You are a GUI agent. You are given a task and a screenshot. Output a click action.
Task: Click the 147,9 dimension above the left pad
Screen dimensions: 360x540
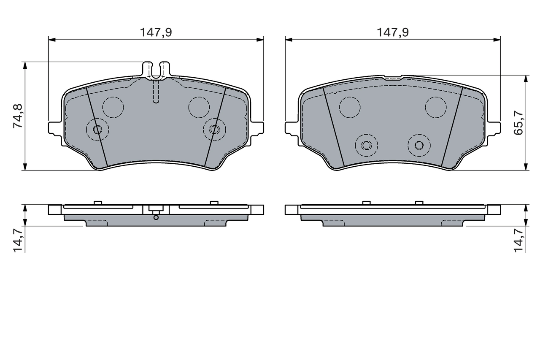(156, 32)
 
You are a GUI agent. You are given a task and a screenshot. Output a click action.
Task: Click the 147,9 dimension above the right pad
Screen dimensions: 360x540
(392, 32)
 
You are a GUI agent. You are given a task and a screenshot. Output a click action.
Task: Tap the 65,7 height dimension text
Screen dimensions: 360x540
(518, 122)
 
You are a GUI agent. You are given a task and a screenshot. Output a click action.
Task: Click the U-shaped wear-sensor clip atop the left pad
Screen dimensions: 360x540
(156, 70)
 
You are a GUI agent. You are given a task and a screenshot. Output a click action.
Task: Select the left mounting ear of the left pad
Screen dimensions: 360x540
(55, 128)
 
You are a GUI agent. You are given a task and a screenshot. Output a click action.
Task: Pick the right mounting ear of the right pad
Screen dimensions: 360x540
(494, 128)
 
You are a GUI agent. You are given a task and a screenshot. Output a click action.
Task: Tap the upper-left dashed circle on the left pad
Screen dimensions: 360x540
(113, 107)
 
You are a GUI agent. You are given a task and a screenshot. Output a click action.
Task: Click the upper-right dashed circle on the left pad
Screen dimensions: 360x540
(199, 107)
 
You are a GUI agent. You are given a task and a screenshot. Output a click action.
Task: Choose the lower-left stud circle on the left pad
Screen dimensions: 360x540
(97, 129)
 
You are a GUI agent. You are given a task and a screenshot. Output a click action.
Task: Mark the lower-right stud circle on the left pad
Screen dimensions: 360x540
(214, 129)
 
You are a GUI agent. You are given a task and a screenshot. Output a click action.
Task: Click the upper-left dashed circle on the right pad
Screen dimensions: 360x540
(350, 107)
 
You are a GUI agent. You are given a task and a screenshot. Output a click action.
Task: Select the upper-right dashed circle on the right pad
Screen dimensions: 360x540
(436, 107)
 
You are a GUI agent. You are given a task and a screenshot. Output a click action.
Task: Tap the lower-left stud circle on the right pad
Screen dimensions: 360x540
(366, 145)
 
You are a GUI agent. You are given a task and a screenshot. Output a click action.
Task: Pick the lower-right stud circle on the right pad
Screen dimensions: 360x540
(419, 145)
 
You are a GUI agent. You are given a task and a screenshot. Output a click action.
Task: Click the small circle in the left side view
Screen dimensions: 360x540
(156, 217)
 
